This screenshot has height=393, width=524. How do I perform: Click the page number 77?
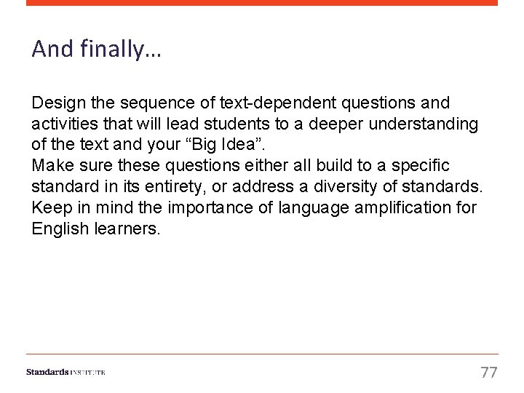(x=489, y=373)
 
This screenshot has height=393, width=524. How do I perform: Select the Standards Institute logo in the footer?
(x=65, y=372)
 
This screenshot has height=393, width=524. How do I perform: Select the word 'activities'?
(x=63, y=124)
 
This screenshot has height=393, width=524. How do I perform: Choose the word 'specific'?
(x=421, y=167)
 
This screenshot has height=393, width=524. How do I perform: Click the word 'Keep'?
(x=50, y=208)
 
